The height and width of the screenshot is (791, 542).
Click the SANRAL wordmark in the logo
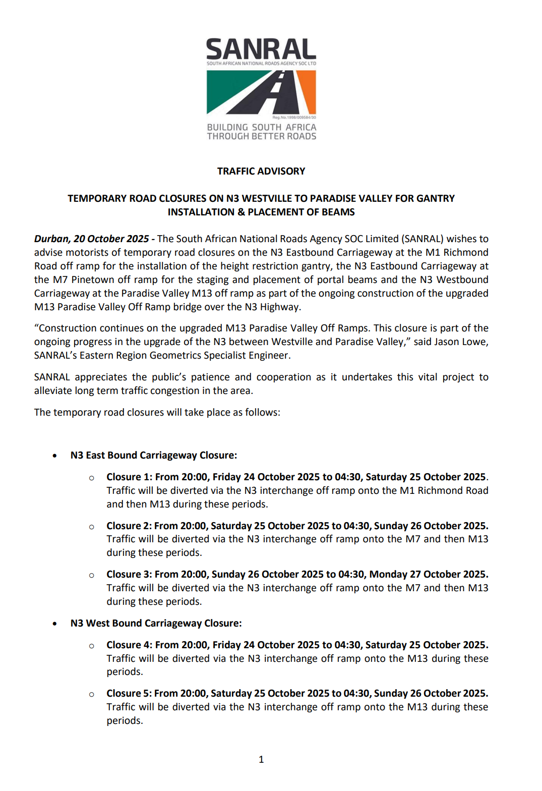[261, 49]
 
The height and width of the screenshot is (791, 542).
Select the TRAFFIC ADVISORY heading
[261, 172]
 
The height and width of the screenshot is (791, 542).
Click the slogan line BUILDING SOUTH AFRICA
[262, 128]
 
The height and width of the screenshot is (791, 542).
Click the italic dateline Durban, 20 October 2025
[91, 239]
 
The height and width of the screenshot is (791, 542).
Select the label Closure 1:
[129, 477]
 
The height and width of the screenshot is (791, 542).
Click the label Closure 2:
[129, 526]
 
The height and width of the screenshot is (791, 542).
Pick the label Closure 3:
[129, 575]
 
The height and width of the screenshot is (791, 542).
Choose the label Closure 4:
[129, 645]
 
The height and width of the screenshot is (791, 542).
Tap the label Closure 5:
[129, 694]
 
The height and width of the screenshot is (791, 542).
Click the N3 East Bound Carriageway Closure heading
[154, 456]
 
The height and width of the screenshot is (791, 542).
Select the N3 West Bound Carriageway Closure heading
[156, 624]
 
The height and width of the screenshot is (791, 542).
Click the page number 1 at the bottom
[261, 760]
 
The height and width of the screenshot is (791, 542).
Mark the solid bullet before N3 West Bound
[54, 624]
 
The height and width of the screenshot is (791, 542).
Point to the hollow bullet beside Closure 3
[91, 576]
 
